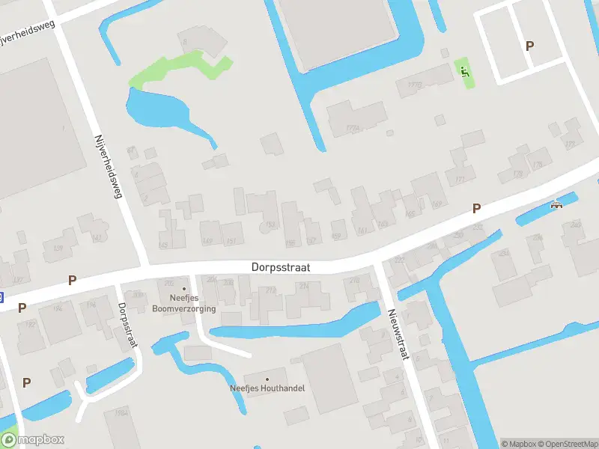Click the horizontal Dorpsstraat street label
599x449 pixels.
(x=281, y=266)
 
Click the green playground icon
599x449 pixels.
(x=465, y=72)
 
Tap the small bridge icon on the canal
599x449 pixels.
(x=556, y=204)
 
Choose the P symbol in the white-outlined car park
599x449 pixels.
(x=530, y=46)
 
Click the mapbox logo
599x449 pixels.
(x=32, y=439)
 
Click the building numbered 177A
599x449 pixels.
(x=353, y=128)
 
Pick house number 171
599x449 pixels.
(x=460, y=180)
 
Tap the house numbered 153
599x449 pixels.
(x=270, y=224)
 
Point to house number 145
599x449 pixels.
(x=164, y=245)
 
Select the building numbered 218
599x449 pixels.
(x=354, y=281)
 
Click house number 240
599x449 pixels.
(x=575, y=224)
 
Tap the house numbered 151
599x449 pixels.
(x=231, y=240)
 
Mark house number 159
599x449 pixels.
(x=335, y=236)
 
